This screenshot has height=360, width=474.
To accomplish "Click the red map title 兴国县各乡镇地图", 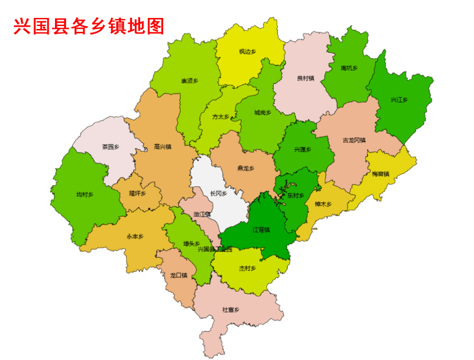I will (89, 26).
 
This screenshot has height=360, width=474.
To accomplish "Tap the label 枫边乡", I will (247, 52).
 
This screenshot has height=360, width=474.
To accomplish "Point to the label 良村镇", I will (305, 78).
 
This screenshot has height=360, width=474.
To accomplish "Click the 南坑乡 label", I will (349, 68).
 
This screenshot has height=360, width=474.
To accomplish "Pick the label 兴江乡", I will (399, 100).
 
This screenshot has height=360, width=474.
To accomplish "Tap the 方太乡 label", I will (221, 116).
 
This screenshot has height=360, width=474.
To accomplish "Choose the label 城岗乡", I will (262, 112).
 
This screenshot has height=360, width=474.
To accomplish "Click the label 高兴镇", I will (163, 146).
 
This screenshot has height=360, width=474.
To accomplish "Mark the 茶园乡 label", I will (111, 146).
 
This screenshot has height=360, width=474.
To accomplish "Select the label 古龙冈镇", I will (354, 140).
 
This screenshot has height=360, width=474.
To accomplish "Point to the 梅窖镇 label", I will (380, 174).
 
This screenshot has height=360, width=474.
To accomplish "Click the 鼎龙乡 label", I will (245, 168).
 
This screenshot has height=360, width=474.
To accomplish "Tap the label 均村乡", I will (84, 194).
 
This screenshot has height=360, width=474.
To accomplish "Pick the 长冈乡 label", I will (218, 193).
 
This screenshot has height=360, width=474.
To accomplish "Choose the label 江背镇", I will (261, 230).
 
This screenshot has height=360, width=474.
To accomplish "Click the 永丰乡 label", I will (135, 237).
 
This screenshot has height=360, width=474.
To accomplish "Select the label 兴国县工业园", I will (215, 249).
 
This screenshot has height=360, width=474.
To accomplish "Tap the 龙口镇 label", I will (178, 275).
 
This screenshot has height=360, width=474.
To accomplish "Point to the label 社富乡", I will (230, 310).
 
